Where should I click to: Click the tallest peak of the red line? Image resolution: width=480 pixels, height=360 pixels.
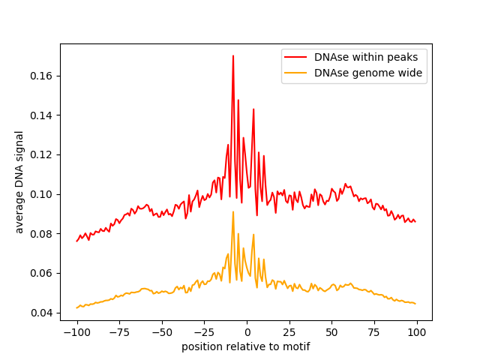click(233, 56)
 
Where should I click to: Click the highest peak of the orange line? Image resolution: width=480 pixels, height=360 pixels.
click(233, 211)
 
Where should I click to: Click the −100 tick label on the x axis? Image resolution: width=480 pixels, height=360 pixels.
click(76, 332)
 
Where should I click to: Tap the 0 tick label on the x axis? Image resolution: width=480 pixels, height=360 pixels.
click(247, 332)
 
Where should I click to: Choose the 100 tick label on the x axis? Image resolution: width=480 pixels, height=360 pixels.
click(417, 332)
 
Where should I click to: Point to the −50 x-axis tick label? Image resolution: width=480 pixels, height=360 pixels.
click(161, 332)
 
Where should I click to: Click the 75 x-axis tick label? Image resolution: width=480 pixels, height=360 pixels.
click(374, 332)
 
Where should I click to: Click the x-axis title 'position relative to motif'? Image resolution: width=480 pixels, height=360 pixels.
click(246, 347)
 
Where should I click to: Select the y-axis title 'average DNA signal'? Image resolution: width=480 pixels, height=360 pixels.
click(19, 181)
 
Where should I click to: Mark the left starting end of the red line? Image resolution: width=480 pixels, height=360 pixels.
click(77, 241)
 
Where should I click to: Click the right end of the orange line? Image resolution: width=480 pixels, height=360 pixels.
click(415, 304)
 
